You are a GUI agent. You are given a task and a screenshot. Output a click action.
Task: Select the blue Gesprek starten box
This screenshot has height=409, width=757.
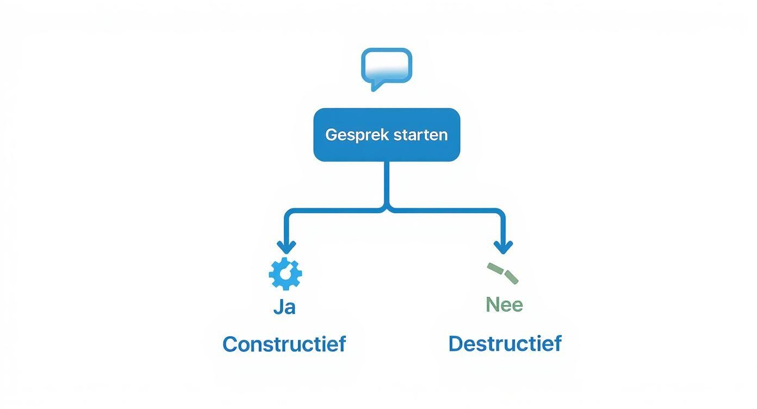387,134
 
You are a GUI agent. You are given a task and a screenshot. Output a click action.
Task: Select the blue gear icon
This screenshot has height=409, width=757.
286,274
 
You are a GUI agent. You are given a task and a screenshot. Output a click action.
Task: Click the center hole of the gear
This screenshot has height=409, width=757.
286,274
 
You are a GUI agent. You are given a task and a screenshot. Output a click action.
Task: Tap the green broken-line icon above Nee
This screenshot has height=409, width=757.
502,273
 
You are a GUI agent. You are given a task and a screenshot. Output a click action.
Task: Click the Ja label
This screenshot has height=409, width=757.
284,307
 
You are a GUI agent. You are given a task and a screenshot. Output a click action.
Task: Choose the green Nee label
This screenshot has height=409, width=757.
504,305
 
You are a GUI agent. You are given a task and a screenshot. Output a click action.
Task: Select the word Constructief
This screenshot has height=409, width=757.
284,344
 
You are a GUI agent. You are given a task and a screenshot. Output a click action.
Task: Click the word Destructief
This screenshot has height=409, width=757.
505,344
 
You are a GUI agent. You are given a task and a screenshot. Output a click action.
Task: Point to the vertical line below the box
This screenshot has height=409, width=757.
387,182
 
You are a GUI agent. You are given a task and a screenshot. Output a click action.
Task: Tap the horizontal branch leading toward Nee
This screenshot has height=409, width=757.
446,210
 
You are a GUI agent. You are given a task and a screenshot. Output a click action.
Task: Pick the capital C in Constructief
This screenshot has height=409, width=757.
231,344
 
